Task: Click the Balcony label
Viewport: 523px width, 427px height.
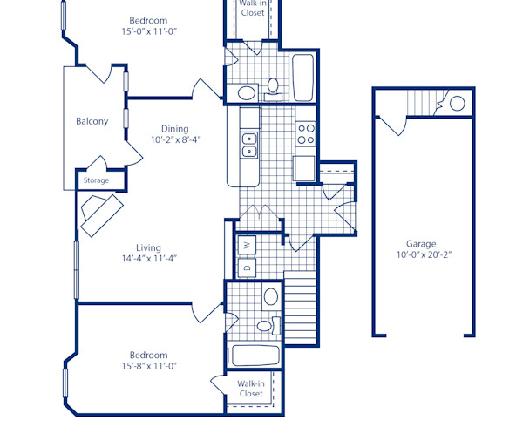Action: (92, 121)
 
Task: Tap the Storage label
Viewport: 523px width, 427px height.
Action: (96, 180)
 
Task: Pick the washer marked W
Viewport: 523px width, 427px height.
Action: (246, 246)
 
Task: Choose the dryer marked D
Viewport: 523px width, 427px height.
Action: (246, 268)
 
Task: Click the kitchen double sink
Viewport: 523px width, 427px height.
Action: (249, 145)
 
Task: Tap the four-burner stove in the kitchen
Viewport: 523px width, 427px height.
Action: (306, 132)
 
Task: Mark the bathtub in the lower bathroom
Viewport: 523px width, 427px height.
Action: (255, 356)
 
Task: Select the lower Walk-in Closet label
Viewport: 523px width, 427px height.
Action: (251, 388)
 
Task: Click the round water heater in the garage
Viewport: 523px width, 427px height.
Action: (457, 104)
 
